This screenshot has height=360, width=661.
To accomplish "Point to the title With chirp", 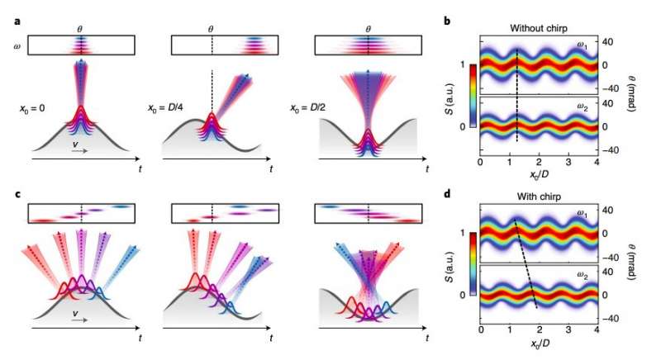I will pos(537,198).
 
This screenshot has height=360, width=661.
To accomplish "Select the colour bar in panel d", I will pos(472,263).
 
